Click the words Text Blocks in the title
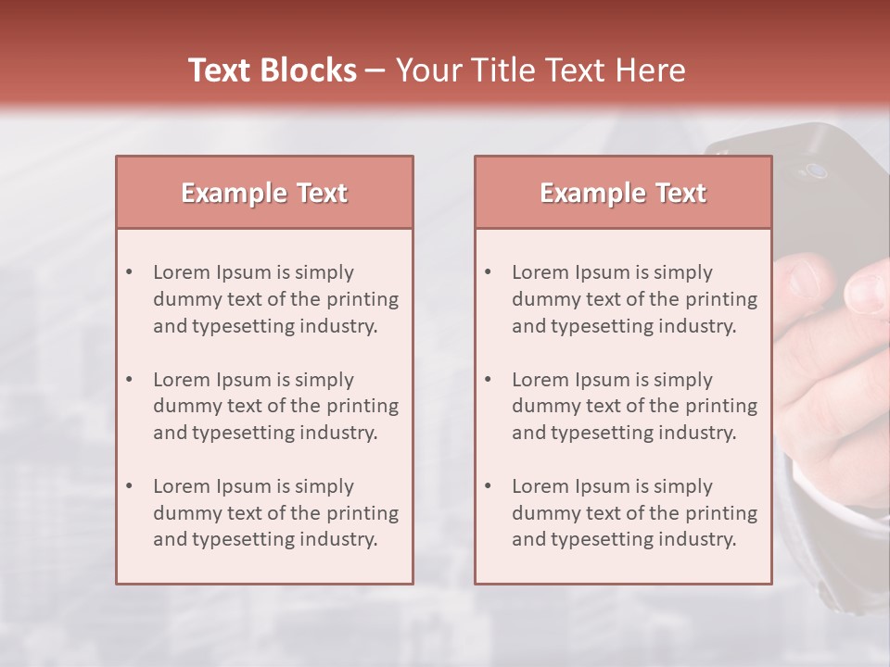tap(272, 70)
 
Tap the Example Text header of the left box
tap(264, 193)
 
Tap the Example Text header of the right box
tap(623, 193)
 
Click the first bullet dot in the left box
tap(129, 272)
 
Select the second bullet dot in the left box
tap(129, 380)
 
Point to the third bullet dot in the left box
tap(129, 486)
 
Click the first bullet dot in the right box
tap(488, 272)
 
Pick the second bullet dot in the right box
tap(488, 380)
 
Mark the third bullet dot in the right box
tap(488, 486)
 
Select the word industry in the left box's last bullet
tap(340, 539)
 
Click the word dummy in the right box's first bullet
tap(540, 299)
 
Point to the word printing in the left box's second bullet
tap(364, 406)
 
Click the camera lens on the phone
tap(816, 170)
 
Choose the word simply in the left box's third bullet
tap(325, 486)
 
